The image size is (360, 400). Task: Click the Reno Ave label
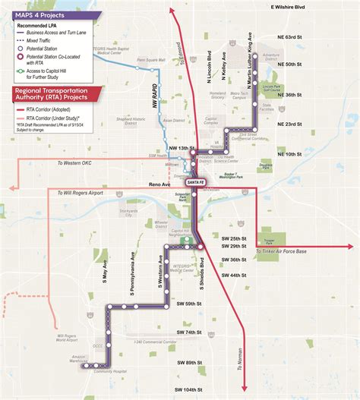click(x=159, y=184)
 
